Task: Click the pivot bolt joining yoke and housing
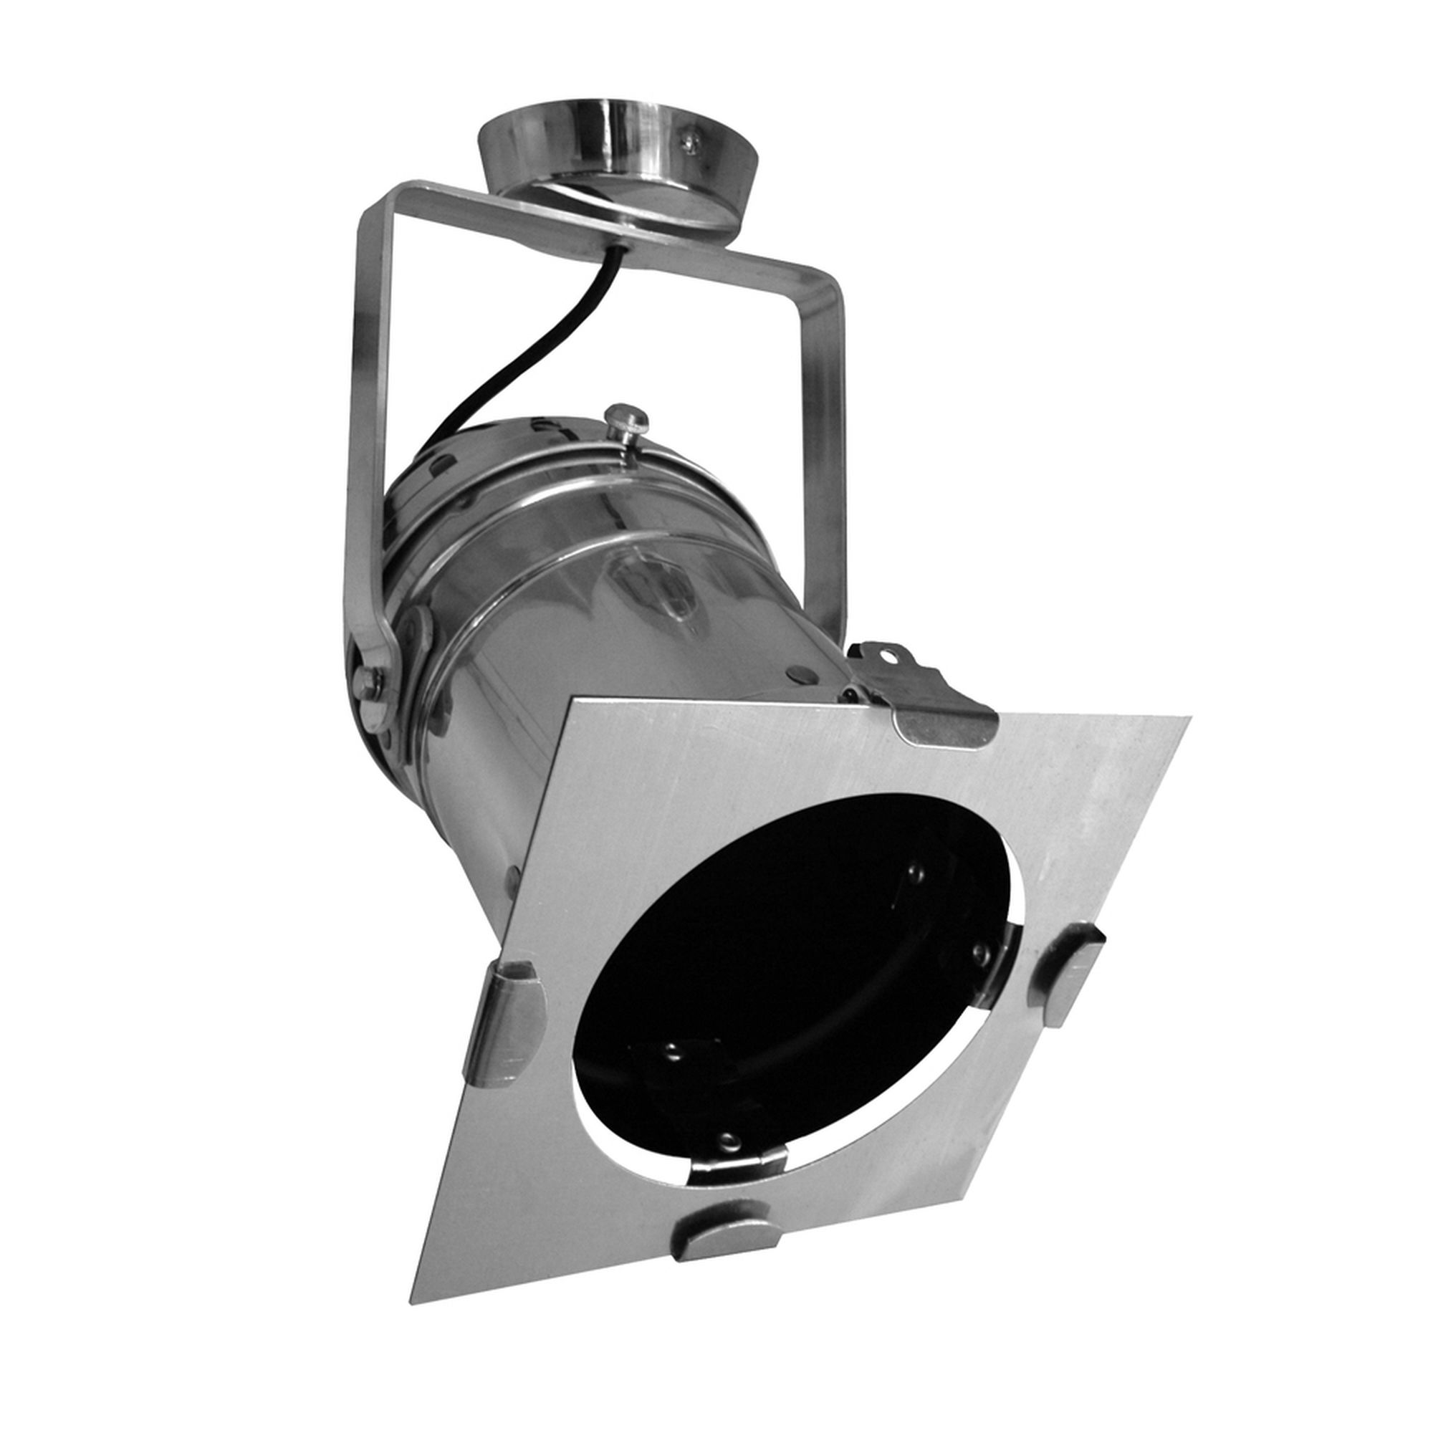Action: pyautogui.click(x=368, y=681)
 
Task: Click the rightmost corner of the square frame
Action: pyautogui.click(x=1189, y=718)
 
